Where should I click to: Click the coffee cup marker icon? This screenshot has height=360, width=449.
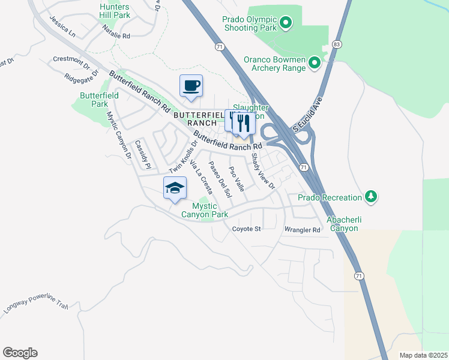click(191, 86)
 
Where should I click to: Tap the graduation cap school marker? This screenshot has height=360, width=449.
click(175, 188)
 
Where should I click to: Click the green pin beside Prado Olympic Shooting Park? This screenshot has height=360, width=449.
click(286, 24)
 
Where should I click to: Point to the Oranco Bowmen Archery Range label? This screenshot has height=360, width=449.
click(273, 64)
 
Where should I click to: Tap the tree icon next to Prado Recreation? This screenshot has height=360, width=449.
click(372, 197)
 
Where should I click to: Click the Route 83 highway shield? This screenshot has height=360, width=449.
click(337, 44)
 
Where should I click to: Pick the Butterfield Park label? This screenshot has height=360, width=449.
click(94, 100)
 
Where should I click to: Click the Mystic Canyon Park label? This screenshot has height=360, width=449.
click(206, 210)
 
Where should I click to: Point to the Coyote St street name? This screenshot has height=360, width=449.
click(247, 229)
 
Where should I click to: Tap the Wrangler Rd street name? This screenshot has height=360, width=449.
click(303, 229)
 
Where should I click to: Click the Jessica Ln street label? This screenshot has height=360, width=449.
click(62, 26)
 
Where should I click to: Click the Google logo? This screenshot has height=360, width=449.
click(20, 353)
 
